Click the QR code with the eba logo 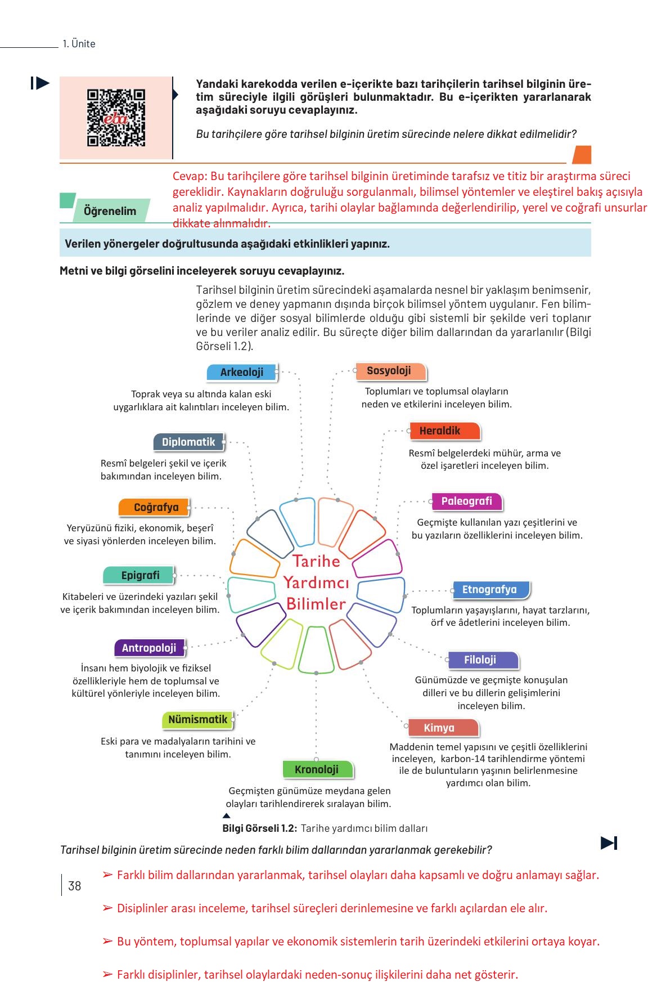(116, 118)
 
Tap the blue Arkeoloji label (242, 372)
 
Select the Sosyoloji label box (389, 371)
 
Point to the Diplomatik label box (188, 442)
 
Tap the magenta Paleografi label (466, 501)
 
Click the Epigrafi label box (139, 575)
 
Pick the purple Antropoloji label (149, 648)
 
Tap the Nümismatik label (197, 719)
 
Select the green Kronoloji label (317, 769)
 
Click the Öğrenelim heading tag (110, 211)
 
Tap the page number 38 (74, 886)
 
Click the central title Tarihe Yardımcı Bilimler (316, 582)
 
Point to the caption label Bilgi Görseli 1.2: (259, 828)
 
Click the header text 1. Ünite (79, 44)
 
